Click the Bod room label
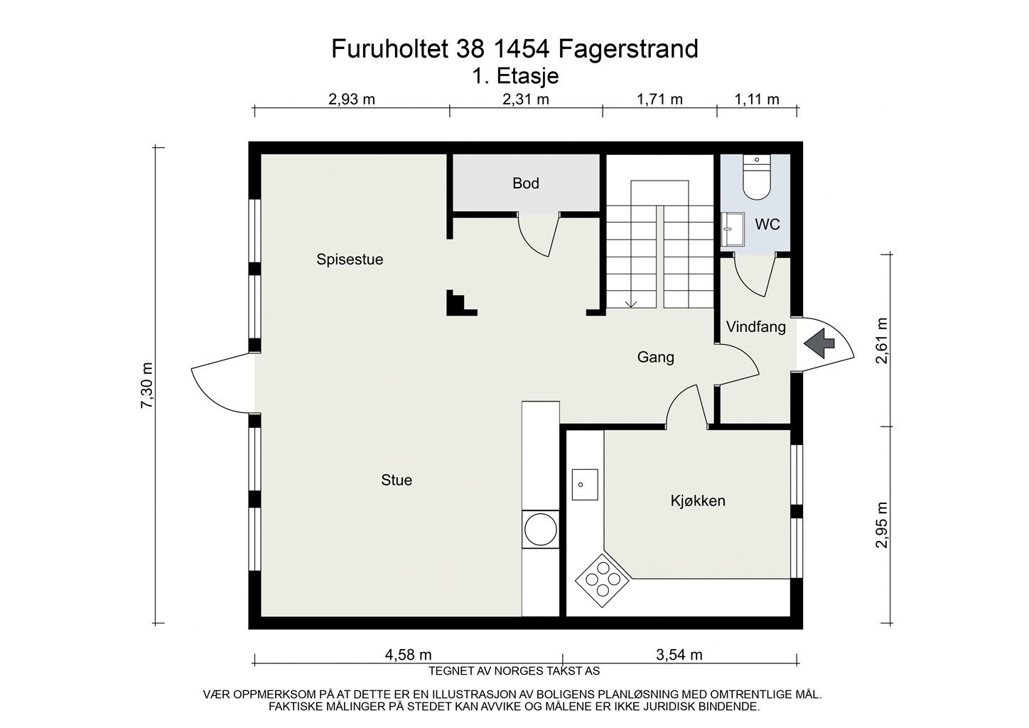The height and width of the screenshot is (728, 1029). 525,183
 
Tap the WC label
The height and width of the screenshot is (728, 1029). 767,225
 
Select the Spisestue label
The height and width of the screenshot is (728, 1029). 350,259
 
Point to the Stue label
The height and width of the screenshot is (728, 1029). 397,481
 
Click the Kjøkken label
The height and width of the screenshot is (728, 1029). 698,501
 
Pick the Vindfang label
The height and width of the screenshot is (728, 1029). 755,327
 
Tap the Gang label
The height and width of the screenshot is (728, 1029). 655,358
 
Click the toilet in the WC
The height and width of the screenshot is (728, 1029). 756,178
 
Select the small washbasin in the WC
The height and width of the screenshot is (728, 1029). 731,229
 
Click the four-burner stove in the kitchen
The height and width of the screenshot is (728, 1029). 603,580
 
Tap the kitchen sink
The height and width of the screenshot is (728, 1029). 585,485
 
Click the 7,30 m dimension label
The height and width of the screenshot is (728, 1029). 147,386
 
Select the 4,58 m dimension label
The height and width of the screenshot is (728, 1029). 408,655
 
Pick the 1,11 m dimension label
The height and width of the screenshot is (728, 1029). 756,100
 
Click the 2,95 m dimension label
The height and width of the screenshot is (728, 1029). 882,525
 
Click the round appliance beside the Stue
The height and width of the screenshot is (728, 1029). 539,530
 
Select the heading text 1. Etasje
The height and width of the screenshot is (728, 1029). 515,76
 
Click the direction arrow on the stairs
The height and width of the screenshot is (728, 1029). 630,304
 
